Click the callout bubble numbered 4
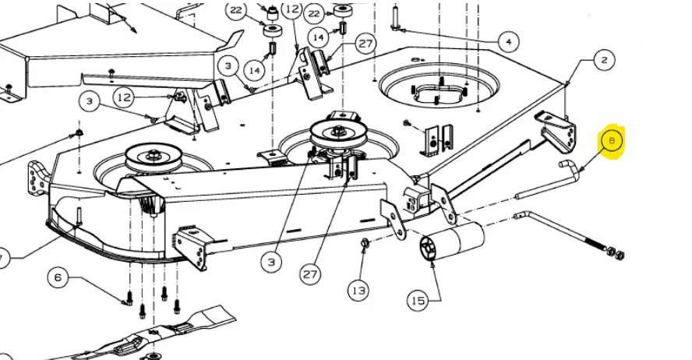click(x=509, y=42)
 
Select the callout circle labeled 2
click(x=604, y=59)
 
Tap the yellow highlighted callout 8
click(x=612, y=141)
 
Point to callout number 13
click(x=358, y=291)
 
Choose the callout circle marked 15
click(x=418, y=301)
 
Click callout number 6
click(x=58, y=278)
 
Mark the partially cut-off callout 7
click(x=2, y=258)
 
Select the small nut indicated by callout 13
click(x=365, y=242)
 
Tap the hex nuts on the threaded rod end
click(x=615, y=253)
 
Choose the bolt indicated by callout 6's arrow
click(x=129, y=298)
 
